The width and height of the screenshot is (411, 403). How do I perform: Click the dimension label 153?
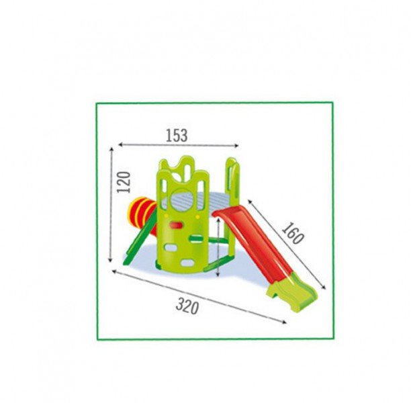coord(177,136)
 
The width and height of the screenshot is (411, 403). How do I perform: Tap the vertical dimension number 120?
coord(124,182)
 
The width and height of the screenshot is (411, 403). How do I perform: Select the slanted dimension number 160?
coord(293,233)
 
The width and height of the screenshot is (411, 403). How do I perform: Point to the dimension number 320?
coord(187,306)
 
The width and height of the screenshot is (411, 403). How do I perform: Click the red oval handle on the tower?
coord(177,225)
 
